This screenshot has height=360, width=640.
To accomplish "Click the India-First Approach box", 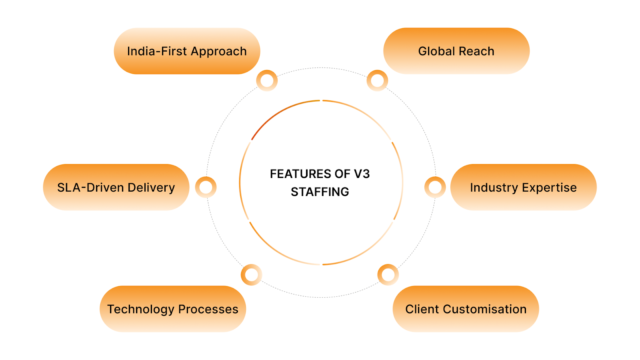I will tap(187, 50).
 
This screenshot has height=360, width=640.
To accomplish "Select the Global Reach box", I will tap(457, 50).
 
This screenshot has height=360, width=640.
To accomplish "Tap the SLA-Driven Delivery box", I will tap(116, 187).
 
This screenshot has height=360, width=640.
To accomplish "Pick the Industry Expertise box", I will tap(523, 187).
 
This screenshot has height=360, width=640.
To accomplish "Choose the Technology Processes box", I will tap(173, 309).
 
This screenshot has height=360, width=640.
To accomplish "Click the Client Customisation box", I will tap(466, 309).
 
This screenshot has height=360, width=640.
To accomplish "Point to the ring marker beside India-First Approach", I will tap(266, 80).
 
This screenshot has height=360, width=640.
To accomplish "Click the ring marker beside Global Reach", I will tap(376, 80).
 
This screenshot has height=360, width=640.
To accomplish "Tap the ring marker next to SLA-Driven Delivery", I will tap(206, 186).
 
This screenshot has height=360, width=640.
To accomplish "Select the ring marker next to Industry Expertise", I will tap(435, 186).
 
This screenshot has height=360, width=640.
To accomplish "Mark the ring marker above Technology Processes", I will tap(252, 273).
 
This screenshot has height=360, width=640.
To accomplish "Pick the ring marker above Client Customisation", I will tap(389, 273).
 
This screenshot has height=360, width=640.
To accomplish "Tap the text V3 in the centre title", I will tap(360, 173).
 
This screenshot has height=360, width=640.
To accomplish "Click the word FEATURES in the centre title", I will tap(301, 173).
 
